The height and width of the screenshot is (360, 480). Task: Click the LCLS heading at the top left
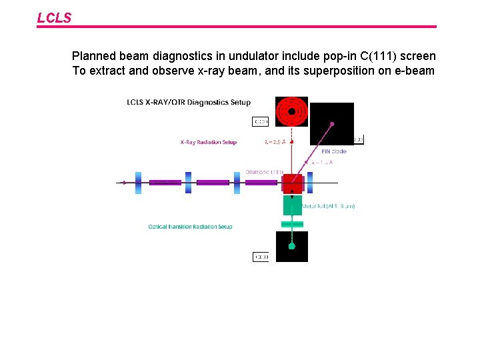[54, 18]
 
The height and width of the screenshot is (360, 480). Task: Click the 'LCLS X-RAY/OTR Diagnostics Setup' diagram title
[189, 102]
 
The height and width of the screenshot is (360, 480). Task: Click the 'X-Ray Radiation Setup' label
[208, 142]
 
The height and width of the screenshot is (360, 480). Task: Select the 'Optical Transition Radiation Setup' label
[190, 227]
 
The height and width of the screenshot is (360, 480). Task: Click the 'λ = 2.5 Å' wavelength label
[275, 142]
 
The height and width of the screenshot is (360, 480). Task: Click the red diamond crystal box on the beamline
[293, 183]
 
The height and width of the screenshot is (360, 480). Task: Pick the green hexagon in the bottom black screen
[291, 246]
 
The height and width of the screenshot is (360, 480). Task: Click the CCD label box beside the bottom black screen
[261, 257]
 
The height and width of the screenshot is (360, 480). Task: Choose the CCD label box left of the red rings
[261, 121]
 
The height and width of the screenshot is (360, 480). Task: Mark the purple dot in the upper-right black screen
[331, 125]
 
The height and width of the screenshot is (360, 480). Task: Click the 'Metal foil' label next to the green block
[329, 207]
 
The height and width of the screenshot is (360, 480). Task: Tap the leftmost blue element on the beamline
[138, 183]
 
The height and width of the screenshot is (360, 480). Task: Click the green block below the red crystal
[292, 205]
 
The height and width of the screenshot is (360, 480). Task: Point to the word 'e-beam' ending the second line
[415, 71]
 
